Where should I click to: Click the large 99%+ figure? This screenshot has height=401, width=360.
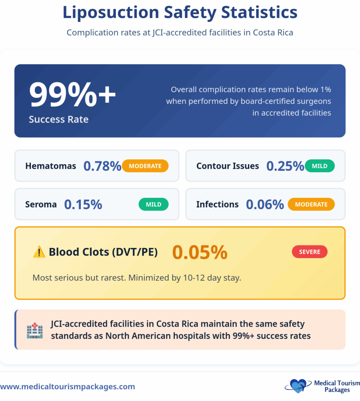tap(72, 95)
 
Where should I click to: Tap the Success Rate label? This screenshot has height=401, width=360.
tap(58, 119)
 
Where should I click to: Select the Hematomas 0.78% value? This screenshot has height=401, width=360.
tap(102, 166)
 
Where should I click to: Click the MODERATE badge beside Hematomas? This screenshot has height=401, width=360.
tap(145, 166)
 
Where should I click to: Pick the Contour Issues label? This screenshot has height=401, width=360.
tap(227, 166)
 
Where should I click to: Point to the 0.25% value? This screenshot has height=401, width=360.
tap(285, 166)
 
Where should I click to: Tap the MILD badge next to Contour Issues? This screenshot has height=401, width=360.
tap(320, 166)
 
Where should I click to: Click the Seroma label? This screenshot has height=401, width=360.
tap(41, 204)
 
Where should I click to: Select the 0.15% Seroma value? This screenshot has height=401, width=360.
tap(83, 204)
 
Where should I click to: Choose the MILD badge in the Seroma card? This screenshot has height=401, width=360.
tap(153, 204)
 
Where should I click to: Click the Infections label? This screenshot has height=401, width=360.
tap(217, 204)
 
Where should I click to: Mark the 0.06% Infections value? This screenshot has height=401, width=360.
tap(265, 204)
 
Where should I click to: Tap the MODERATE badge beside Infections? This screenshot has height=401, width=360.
tap(311, 204)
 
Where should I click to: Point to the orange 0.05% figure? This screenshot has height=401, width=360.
tap(200, 252)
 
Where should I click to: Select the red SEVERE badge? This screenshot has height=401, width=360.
tap(310, 252)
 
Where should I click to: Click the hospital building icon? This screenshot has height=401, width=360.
tap(35, 330)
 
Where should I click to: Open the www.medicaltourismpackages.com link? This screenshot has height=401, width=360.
tap(67, 387)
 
